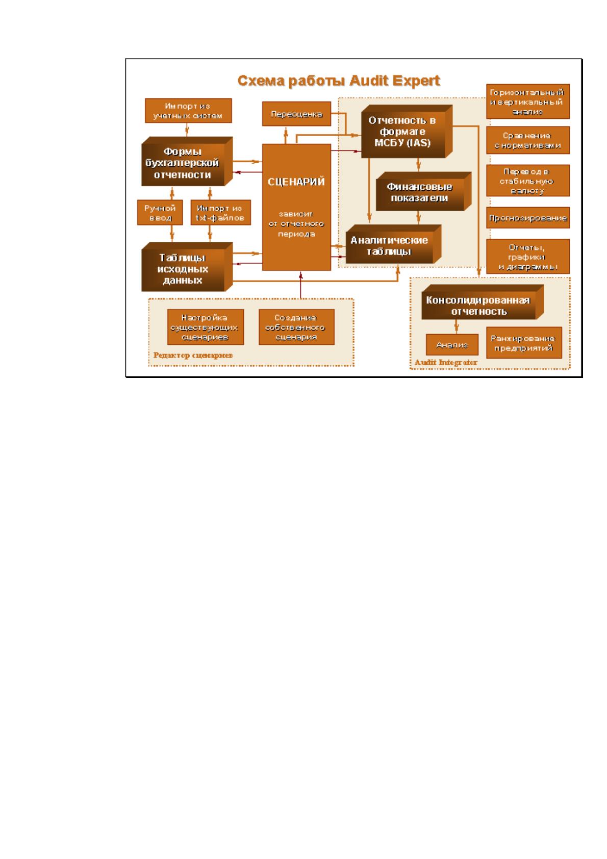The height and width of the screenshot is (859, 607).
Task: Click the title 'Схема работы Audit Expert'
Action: pos(339,81)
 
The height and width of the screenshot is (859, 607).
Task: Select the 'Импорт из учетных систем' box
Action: pos(188,111)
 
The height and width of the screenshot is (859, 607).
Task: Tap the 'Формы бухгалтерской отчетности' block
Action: pos(187,162)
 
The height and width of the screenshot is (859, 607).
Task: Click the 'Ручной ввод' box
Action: pos(160,212)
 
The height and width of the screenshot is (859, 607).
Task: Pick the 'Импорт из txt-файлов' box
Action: pos(220,212)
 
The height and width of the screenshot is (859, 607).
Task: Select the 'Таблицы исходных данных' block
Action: pos(187,267)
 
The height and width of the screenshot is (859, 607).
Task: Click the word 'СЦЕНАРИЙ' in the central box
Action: pos(296,182)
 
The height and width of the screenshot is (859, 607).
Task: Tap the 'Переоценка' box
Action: pos(296,114)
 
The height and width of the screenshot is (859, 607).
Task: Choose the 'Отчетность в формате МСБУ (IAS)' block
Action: pos(407,132)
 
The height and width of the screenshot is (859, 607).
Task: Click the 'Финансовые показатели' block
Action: pos(424,191)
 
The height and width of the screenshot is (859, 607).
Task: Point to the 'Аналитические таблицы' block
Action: pos(393,244)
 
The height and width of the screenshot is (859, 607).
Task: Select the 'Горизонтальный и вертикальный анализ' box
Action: pos(528,102)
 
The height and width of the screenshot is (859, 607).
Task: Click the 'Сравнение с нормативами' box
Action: pos(528,140)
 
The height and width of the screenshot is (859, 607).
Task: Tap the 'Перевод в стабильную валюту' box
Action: pos(528,181)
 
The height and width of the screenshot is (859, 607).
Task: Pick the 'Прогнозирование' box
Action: pos(528,218)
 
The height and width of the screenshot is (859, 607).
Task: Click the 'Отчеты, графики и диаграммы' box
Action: pos(528,257)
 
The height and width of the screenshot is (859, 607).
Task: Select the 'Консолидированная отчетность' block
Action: pos(483,302)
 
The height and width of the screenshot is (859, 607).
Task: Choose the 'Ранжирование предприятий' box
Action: pos(524,343)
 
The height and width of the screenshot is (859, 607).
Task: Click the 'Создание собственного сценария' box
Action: pos(296,327)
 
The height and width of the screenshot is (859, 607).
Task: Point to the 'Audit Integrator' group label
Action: pos(446,362)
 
